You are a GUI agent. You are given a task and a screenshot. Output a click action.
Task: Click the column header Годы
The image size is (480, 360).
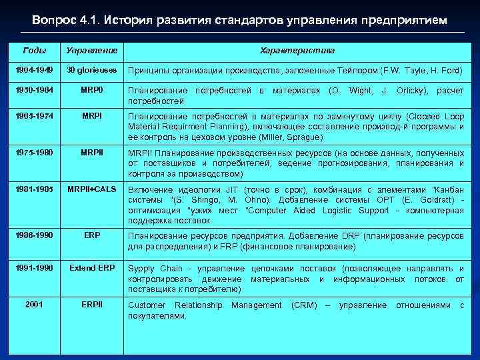(34, 51)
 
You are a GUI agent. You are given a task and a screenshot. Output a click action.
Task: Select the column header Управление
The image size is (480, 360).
(91, 51)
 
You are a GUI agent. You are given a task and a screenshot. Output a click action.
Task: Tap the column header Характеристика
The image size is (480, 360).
(297, 51)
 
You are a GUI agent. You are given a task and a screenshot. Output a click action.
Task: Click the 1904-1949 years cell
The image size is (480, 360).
(34, 70)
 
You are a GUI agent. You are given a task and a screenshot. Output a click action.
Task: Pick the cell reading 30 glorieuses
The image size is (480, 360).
(91, 70)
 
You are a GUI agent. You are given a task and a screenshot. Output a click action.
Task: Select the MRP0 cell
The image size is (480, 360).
(91, 89)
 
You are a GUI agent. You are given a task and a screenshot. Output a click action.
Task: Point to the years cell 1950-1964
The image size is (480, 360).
(34, 89)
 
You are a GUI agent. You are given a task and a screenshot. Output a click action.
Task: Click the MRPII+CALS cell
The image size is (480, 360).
(91, 191)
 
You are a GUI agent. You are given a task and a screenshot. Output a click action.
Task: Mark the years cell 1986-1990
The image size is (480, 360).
(34, 235)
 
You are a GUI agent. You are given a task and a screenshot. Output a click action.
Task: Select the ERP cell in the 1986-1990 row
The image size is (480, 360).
(91, 235)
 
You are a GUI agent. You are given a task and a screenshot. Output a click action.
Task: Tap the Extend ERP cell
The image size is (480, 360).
(91, 268)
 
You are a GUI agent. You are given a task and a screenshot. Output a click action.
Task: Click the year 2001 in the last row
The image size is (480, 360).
(34, 305)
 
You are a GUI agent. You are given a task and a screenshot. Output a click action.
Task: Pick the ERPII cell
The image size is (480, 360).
(91, 305)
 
